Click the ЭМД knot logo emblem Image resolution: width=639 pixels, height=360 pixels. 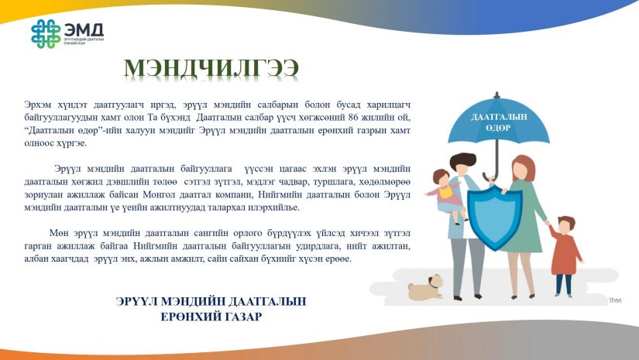pos(46,34)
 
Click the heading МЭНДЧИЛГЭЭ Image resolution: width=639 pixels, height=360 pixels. pos(211,68)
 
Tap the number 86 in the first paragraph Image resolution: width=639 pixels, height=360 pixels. pos(353,118)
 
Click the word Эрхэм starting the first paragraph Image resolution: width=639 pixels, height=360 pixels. pos(38,105)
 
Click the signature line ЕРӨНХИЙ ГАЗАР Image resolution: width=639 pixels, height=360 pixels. pos(211,317)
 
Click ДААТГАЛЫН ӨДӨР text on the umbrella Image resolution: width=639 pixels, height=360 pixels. pos(499,122)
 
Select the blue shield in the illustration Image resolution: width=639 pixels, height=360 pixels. pos(495,217)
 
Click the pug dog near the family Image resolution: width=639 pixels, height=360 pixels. pos(425,287)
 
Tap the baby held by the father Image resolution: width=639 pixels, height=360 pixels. pos(445,195)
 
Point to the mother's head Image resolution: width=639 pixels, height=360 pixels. pos(524,168)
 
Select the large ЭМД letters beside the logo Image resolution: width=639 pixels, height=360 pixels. pos(84,29)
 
